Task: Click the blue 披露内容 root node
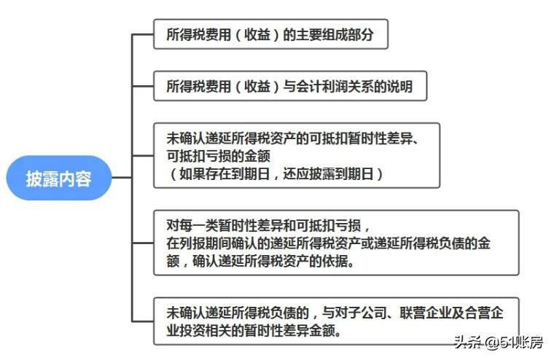59,178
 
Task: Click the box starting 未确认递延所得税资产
297,155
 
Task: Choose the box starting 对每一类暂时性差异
336,243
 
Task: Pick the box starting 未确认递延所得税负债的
336,321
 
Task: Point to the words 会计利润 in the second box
327,87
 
